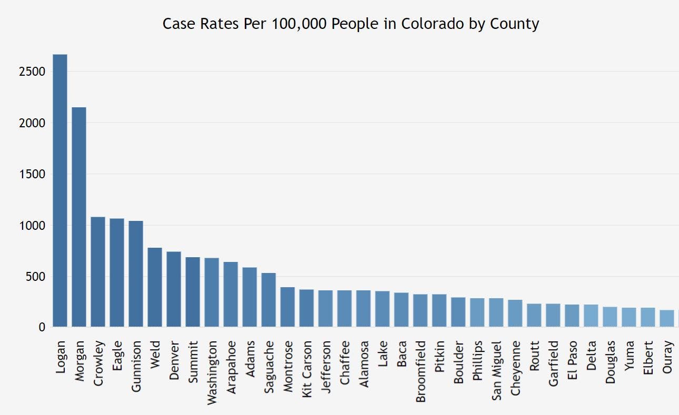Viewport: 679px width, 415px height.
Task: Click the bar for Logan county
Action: tap(60, 190)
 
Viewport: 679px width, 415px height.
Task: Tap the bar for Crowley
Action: tap(98, 271)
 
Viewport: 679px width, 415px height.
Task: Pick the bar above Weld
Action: tap(155, 287)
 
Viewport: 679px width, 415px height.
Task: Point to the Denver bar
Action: tap(174, 289)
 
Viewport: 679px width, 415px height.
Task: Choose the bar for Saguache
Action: tap(268, 300)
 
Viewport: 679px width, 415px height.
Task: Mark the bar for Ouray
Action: tap(667, 318)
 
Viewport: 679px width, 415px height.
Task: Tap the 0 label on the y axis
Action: tap(42, 328)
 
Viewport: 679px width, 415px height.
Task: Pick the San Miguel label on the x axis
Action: tap(496, 370)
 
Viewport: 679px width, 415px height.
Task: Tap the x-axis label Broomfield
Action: tap(421, 371)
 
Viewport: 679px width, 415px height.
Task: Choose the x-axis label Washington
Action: tap(212, 372)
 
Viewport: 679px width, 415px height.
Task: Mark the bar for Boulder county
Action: tap(458, 312)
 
